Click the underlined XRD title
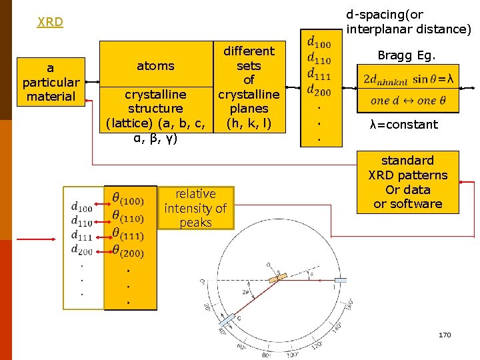point(51,22)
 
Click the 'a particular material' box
point(51,82)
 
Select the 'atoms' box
point(155,65)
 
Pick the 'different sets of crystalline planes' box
point(249,87)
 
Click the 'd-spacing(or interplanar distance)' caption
point(408,21)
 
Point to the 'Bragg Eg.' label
point(407,55)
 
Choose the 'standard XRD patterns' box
point(408,182)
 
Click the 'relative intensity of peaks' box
point(195,208)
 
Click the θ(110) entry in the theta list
point(127,217)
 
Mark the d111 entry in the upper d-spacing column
point(319,73)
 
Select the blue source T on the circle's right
point(341,281)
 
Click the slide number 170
point(445,335)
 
